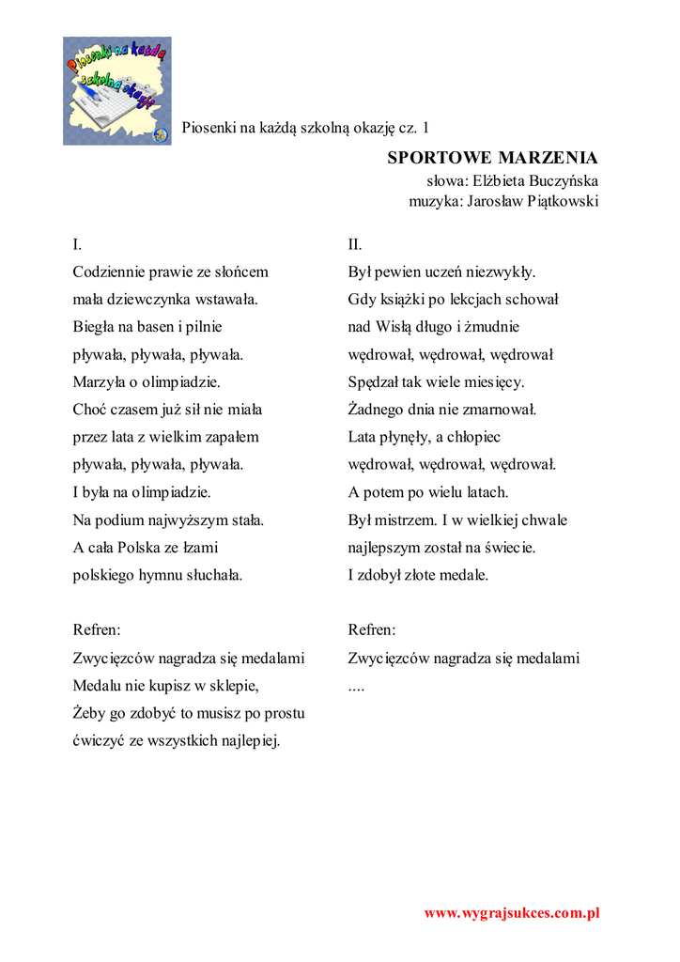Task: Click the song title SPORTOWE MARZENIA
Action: click(493, 157)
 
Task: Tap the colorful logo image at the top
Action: click(117, 91)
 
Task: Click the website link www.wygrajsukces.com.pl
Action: click(512, 912)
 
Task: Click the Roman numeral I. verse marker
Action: click(77, 245)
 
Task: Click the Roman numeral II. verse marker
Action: click(354, 245)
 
